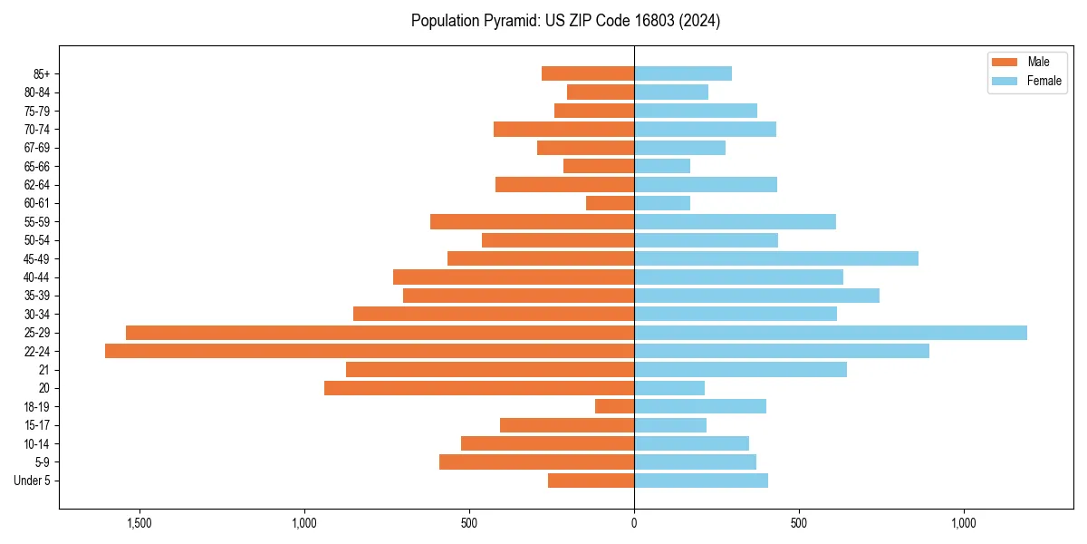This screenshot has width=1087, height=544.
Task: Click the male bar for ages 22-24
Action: click(370, 351)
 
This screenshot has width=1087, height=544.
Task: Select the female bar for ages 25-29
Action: click(831, 333)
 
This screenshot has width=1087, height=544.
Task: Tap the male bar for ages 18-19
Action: click(614, 406)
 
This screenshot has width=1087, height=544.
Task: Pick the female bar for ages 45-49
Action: click(776, 258)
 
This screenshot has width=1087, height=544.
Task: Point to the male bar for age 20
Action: click(479, 388)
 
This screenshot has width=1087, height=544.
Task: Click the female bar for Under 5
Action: click(701, 481)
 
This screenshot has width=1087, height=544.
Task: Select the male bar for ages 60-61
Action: click(610, 203)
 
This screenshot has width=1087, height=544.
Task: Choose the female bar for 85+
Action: click(683, 73)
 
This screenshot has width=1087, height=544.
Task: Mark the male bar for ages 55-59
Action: click(532, 221)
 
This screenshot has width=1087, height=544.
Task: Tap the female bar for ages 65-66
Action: click(662, 166)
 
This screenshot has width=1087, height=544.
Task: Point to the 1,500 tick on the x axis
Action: click(139, 523)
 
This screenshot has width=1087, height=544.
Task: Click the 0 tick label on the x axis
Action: click(634, 523)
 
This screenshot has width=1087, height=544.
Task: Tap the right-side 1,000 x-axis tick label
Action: click(964, 523)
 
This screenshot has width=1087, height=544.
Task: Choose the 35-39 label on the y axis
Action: click(37, 296)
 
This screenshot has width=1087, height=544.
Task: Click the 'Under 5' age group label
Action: click(32, 481)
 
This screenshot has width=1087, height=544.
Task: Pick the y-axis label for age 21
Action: click(43, 370)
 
